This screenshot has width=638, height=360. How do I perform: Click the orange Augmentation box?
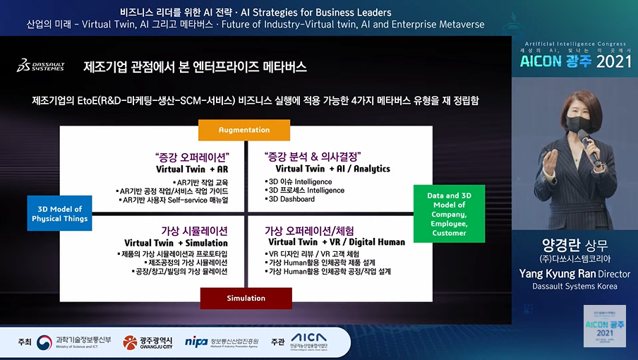(243, 130)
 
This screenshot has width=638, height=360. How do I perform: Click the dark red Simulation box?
(246, 298)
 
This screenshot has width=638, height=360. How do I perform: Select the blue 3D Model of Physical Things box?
(60, 214)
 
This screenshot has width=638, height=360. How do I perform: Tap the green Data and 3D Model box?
(449, 214)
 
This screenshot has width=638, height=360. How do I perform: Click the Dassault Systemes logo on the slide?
(40, 66)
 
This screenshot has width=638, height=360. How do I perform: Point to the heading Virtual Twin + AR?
(191, 169)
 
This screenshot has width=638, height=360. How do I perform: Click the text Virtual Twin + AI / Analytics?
(332, 169)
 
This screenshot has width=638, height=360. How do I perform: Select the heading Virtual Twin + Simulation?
(176, 243)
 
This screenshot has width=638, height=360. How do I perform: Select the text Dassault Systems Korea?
(574, 286)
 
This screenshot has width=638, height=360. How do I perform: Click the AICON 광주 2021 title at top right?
(576, 61)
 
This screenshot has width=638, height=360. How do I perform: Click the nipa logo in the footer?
(195, 342)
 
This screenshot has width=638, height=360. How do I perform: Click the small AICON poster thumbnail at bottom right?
(604, 325)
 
